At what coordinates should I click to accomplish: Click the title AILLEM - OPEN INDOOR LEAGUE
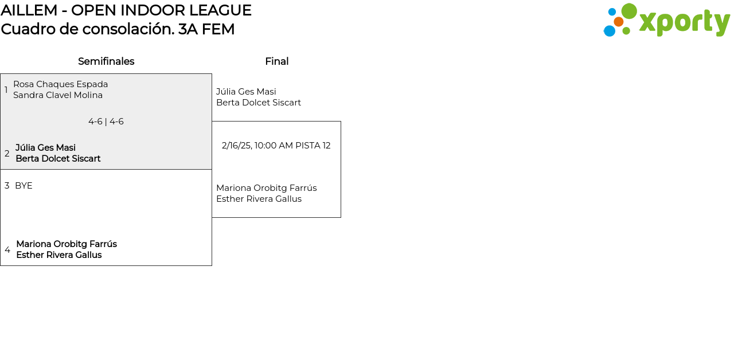pos(126,10)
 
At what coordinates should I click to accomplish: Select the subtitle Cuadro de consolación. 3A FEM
pos(118,29)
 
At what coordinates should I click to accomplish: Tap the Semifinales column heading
pos(106,61)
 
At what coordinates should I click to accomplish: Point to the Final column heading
pos(276,61)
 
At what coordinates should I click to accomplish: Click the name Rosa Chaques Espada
pos(60,84)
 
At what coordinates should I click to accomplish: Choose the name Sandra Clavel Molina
pos(58,95)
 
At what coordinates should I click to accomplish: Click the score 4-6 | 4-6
pos(106,122)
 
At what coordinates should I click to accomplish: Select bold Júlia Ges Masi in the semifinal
pos(46,148)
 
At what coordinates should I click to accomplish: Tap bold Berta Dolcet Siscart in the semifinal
pos(58,159)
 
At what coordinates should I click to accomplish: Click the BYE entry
pos(24,186)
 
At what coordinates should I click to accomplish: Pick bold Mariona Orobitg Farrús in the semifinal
pos(67,244)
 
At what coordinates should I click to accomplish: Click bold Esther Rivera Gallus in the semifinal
pos(59,255)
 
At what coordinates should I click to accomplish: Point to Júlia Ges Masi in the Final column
pos(246,92)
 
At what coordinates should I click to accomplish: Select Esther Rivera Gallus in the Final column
pos(259,199)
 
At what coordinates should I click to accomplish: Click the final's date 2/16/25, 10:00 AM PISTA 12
pos(276,146)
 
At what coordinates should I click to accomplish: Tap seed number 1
pos(6,90)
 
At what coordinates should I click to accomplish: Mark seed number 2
pos(7,154)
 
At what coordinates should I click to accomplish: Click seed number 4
pos(7,250)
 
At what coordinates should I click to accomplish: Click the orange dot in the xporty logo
pos(619,22)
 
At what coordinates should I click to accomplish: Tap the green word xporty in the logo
pos(684,23)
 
